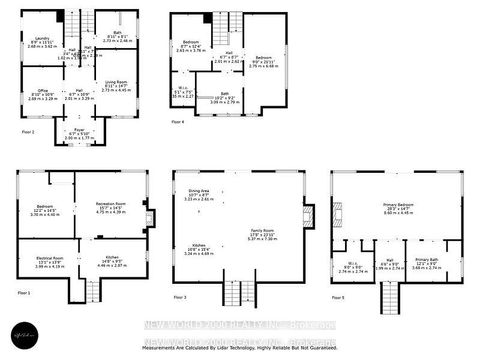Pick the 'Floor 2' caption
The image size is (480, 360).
(x=27, y=131)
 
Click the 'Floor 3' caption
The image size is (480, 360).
(x=179, y=297)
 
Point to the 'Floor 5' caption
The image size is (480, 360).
(x=339, y=297)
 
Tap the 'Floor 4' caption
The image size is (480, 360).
(x=177, y=121)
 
